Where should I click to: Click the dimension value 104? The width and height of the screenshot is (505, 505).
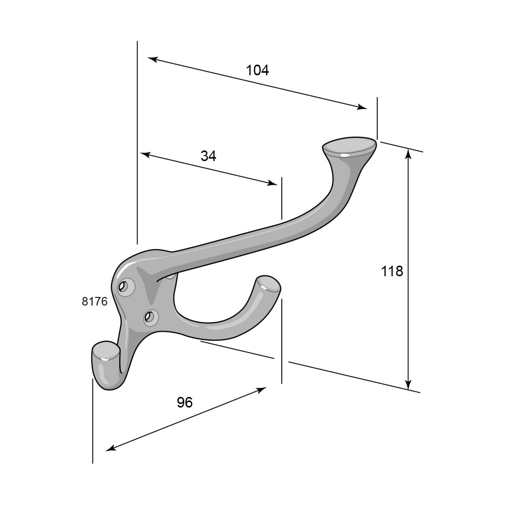click(258, 70)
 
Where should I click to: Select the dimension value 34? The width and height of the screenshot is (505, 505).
click(209, 156)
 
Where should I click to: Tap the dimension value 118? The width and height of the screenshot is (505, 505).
click(392, 271)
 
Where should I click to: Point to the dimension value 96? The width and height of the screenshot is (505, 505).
click(185, 402)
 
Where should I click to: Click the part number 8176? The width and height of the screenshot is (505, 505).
click(94, 301)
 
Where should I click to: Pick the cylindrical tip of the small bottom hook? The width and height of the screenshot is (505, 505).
click(106, 350)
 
